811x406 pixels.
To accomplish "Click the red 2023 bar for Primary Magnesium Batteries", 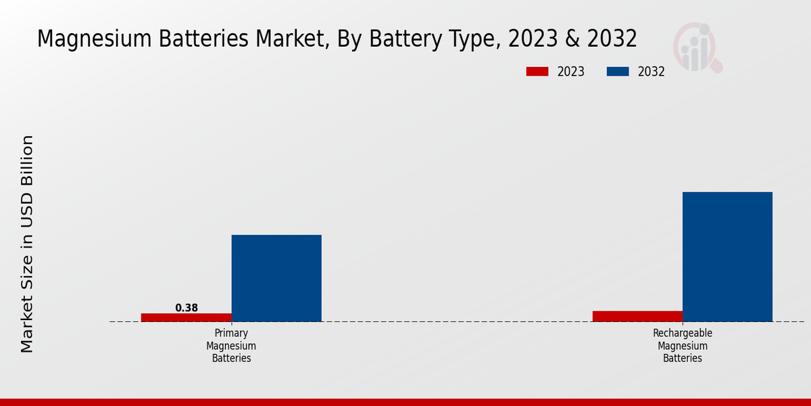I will point(186,317).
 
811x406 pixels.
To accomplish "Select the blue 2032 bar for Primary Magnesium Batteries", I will point(276,278).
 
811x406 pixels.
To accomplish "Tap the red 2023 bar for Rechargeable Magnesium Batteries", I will point(637,316).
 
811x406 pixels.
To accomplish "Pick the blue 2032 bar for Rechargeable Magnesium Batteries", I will point(727,256).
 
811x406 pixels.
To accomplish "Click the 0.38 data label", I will point(187,308).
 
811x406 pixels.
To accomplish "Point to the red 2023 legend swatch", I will point(537,72).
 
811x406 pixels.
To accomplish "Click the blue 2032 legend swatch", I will point(618,72).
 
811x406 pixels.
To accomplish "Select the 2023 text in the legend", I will point(571,72).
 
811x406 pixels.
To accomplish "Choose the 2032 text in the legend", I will point(652,72).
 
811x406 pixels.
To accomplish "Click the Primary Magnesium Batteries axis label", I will point(231,346).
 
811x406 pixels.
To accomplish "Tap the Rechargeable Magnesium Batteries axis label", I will point(683,346).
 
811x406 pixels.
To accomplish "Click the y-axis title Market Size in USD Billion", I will point(27,244).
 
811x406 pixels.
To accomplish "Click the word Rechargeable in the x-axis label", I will point(683,334).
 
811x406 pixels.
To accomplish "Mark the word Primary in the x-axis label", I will point(231,334).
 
